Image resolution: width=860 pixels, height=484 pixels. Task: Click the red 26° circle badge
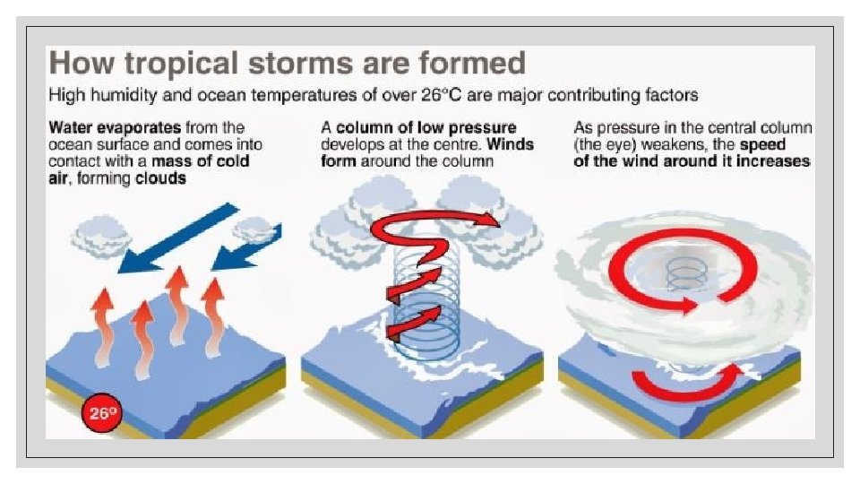(102, 413)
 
